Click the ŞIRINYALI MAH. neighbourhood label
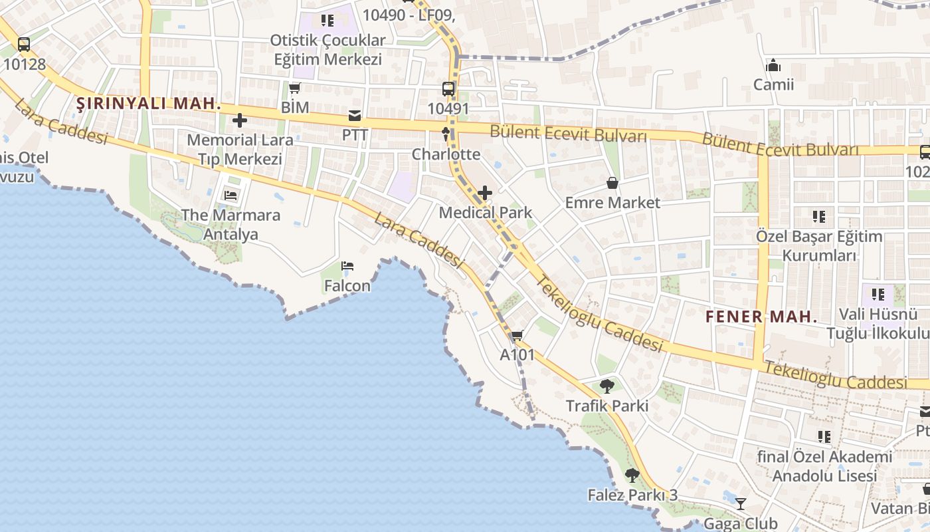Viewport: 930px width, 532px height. tap(148, 104)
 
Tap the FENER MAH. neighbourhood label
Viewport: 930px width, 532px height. tap(761, 317)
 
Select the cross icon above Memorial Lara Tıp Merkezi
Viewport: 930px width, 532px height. tap(240, 120)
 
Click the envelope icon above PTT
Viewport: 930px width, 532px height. tap(355, 116)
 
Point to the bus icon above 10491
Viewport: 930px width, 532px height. tap(448, 89)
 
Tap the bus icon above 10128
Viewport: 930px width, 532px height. tap(24, 45)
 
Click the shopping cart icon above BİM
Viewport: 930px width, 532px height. tap(295, 88)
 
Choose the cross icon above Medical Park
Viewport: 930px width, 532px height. tap(485, 194)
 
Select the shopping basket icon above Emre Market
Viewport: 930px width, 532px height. tap(612, 183)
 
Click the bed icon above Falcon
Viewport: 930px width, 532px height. tap(347, 267)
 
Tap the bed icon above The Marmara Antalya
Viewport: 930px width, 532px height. tap(231, 196)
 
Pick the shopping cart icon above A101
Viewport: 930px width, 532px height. tap(517, 335)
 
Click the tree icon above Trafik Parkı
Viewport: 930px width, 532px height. tap(607, 386)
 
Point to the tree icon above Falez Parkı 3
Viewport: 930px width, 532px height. tap(632, 475)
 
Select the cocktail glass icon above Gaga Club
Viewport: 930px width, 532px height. tap(741, 504)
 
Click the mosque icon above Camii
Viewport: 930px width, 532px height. tap(773, 65)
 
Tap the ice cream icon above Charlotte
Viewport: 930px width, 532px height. tap(446, 134)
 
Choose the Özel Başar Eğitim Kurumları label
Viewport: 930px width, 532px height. tap(819, 246)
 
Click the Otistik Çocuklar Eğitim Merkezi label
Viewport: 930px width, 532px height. tap(328, 50)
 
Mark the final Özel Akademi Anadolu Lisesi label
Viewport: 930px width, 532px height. tap(824, 466)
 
